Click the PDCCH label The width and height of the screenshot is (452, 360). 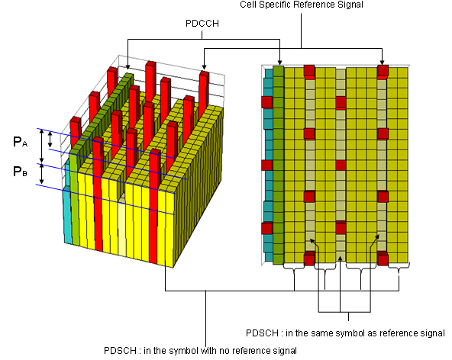pyautogui.click(x=202, y=24)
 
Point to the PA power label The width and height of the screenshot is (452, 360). pyautogui.click(x=20, y=142)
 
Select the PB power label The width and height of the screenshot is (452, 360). pyautogui.click(x=20, y=172)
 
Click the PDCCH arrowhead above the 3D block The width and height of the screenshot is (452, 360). pyautogui.click(x=128, y=67)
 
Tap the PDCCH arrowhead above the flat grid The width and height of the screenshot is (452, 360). pyautogui.click(x=279, y=63)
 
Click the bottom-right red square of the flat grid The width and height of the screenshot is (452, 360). pyautogui.click(x=383, y=259)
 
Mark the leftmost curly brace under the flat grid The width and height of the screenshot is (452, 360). pyautogui.click(x=294, y=267)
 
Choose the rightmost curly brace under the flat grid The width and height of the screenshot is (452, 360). pyautogui.click(x=399, y=267)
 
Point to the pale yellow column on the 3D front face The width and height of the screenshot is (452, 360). pyautogui.click(x=122, y=225)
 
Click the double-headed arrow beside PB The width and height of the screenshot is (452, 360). pyautogui.click(x=41, y=174)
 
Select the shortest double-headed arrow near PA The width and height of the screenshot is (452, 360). pyautogui.click(x=50, y=139)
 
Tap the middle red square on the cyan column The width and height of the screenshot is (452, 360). pyautogui.click(x=267, y=166)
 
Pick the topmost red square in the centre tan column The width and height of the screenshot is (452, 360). pyautogui.click(x=341, y=103)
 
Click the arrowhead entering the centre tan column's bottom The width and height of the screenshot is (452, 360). pyautogui.click(x=341, y=259)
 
